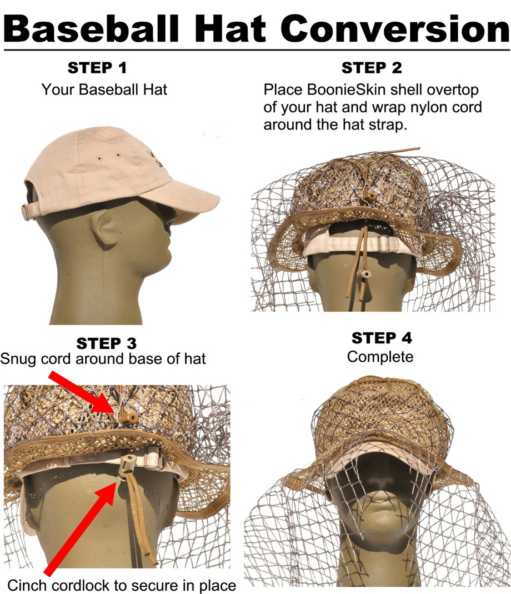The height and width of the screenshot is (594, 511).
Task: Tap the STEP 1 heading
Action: (x=97, y=68)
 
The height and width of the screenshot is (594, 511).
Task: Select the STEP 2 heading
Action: (x=372, y=68)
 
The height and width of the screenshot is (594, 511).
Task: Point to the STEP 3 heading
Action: (x=106, y=343)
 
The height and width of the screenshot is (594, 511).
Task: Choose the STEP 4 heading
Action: (x=381, y=338)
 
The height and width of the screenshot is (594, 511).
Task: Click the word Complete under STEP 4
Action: (x=380, y=356)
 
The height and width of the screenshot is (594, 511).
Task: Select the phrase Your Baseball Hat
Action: (x=104, y=89)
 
